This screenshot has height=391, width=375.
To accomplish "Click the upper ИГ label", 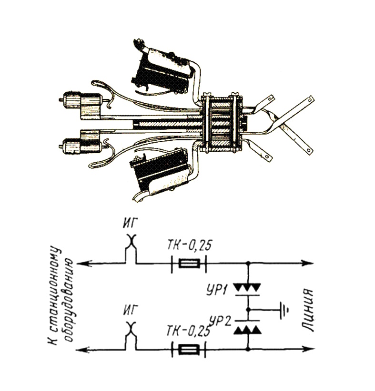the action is (x=130, y=224).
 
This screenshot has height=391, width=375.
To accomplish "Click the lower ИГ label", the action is (x=130, y=310).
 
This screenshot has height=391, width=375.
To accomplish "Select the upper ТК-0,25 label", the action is (x=189, y=245).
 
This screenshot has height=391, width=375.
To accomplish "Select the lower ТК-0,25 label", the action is (x=188, y=331).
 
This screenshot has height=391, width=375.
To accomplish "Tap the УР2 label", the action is (x=221, y=322).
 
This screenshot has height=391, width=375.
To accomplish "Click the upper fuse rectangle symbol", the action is (x=189, y=264).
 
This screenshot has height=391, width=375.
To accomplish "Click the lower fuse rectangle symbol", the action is (x=189, y=350).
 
